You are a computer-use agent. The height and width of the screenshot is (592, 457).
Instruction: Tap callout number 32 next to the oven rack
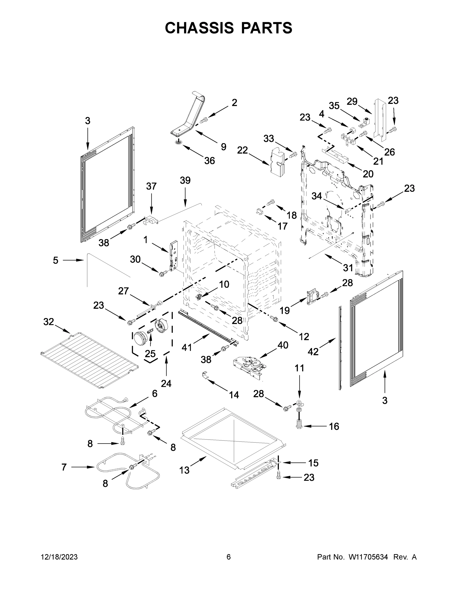[49, 322]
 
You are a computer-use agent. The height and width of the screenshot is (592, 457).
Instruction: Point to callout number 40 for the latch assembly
[283, 345]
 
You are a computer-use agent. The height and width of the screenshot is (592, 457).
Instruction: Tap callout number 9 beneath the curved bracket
[223, 147]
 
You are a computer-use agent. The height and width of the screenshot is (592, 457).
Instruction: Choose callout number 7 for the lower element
[64, 467]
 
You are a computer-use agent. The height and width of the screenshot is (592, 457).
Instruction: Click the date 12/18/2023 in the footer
[59, 557]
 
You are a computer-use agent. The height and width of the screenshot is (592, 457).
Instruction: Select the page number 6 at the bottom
[229, 557]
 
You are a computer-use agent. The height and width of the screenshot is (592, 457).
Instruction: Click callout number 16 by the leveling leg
[334, 426]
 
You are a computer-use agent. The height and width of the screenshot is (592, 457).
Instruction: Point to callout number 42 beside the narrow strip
[313, 351]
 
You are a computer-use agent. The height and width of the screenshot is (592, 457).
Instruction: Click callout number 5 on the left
[55, 260]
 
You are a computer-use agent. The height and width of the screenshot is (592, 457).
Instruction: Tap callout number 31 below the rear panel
[348, 268]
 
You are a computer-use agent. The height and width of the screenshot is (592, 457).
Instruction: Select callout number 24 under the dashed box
[166, 383]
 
